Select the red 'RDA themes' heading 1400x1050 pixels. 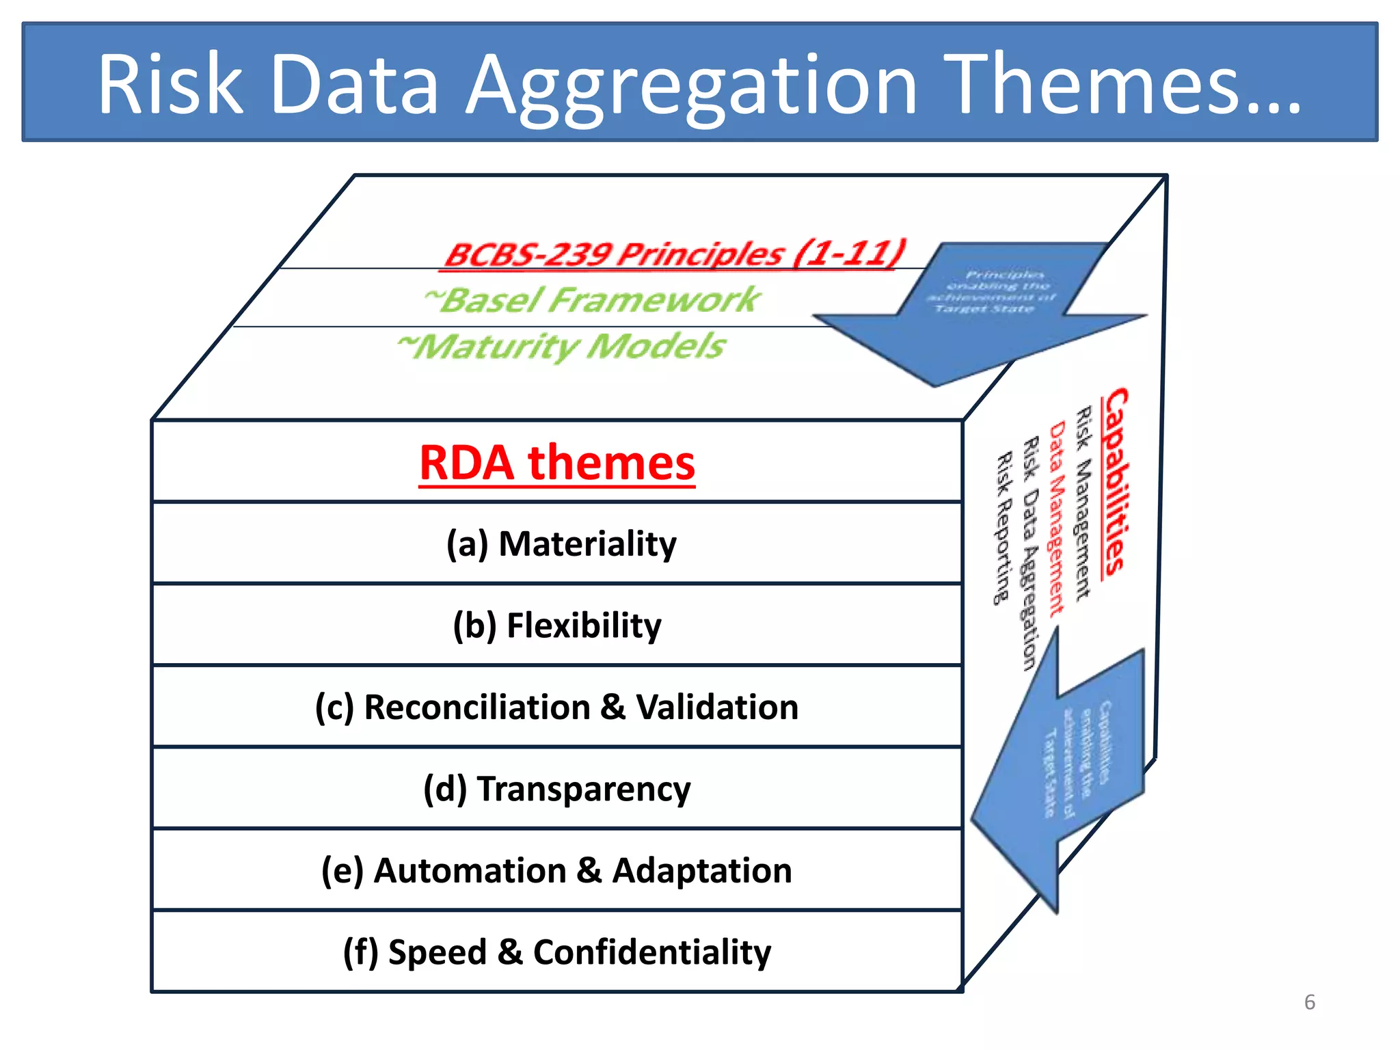[x=557, y=463]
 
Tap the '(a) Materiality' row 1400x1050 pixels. [x=561, y=544]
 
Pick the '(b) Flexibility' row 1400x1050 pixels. [x=557, y=625]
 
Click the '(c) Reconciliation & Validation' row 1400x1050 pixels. [x=556, y=707]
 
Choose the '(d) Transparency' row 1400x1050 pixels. [x=557, y=789]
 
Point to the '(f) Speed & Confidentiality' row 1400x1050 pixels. [x=556, y=952]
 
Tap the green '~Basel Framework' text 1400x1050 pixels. [x=592, y=300]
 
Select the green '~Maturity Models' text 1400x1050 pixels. [x=562, y=346]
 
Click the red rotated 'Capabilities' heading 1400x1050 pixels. [x=1114, y=481]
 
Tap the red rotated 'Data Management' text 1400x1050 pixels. [x=1057, y=518]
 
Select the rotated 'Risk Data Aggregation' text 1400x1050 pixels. [x=1030, y=554]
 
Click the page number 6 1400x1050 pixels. [x=1309, y=1002]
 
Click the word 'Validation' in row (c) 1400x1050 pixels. [x=717, y=707]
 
